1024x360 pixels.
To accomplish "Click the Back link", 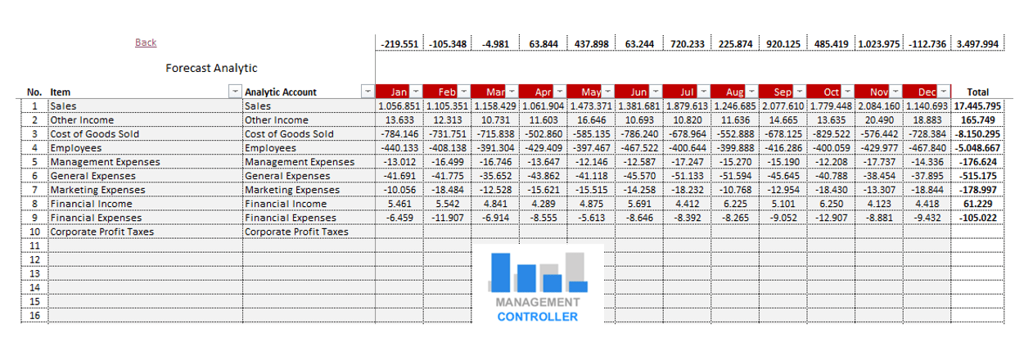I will click(146, 43).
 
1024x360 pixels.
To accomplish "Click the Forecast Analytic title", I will click(211, 68).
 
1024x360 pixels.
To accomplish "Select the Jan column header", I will click(397, 92).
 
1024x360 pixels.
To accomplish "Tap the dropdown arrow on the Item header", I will click(235, 92).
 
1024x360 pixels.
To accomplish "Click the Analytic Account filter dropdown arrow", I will click(368, 92).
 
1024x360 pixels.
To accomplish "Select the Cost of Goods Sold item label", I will click(94, 134).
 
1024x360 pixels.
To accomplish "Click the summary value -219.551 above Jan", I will click(399, 43).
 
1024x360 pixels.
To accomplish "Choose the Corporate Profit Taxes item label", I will click(101, 232).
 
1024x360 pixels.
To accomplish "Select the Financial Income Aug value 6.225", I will click(735, 204).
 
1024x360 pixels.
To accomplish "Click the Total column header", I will click(978, 92).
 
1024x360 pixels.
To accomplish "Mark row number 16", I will click(34, 315).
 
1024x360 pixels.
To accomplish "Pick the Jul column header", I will click(686, 92).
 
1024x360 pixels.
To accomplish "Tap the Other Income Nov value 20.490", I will click(879, 120).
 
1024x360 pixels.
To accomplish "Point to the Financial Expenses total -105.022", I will click(979, 218).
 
